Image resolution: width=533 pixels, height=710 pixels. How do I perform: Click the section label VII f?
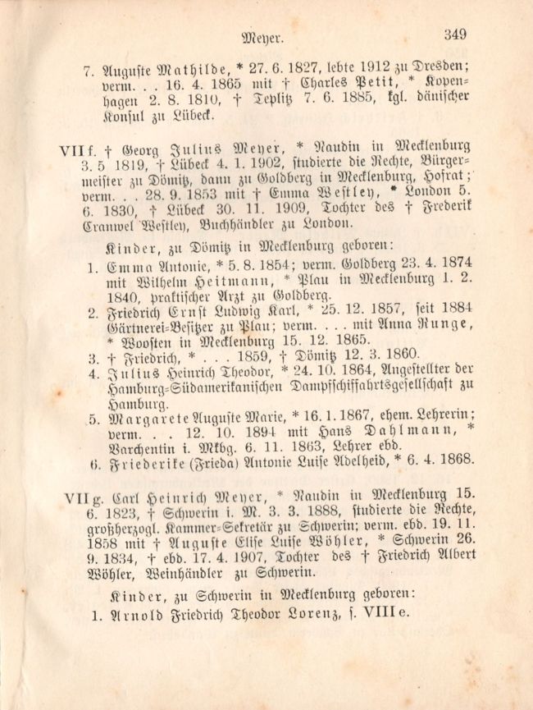click(x=75, y=151)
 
